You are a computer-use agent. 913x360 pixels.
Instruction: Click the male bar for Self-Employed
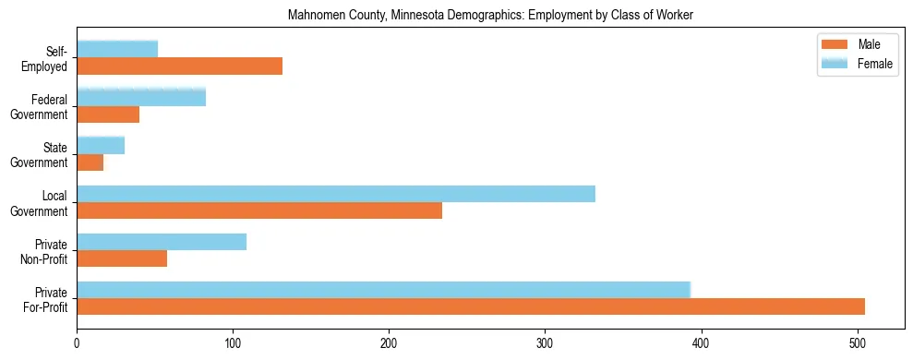179,66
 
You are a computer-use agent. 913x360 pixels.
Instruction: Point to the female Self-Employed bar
117,49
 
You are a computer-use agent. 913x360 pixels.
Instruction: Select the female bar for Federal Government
141,97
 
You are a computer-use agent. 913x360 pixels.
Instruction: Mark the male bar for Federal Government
108,114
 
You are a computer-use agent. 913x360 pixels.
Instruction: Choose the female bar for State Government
101,145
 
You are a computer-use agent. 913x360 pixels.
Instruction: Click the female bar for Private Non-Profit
162,242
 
